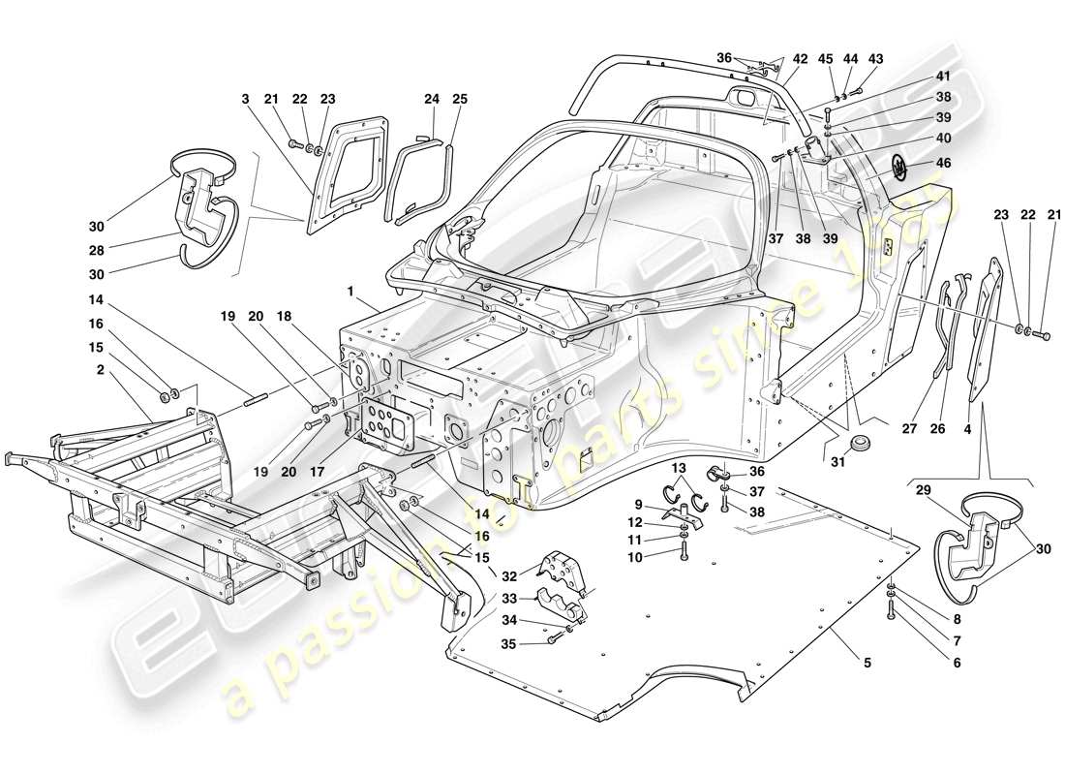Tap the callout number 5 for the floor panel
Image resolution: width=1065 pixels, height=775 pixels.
867,663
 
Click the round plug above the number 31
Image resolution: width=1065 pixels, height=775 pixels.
856,445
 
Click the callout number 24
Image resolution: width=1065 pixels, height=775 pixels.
432,99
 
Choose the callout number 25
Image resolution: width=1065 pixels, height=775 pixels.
459,99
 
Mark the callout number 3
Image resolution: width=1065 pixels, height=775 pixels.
246,99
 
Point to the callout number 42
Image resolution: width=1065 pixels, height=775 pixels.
800,58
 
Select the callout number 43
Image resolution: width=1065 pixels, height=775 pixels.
875,58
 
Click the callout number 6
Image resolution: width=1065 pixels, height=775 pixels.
958,663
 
